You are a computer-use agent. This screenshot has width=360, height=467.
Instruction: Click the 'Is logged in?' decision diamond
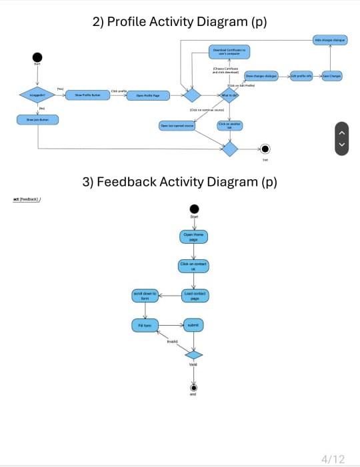pyautogui.click(x=37, y=95)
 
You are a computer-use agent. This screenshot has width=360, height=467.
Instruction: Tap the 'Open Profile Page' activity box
pyautogui.click(x=147, y=95)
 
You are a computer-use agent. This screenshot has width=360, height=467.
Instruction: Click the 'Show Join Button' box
pyautogui.click(x=37, y=120)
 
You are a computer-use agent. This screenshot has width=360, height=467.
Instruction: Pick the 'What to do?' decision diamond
pyautogui.click(x=229, y=95)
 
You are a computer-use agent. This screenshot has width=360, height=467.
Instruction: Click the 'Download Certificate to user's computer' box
pyautogui.click(x=229, y=51)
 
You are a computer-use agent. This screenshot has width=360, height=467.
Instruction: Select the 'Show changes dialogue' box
pyautogui.click(x=261, y=77)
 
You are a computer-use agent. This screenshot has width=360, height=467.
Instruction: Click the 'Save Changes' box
pyautogui.click(x=331, y=77)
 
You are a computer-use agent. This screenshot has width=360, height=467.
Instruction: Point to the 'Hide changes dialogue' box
pyautogui.click(x=331, y=40)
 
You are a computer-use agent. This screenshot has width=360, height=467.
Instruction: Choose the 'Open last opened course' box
pyautogui.click(x=177, y=125)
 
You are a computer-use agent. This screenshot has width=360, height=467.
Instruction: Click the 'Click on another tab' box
pyautogui.click(x=229, y=125)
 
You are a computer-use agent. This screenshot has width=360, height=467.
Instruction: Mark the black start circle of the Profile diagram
pyautogui.click(x=37, y=58)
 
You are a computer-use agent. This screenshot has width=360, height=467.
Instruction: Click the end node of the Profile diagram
pyautogui.click(x=265, y=149)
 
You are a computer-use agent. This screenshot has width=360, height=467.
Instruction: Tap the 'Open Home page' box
pyautogui.click(x=193, y=236)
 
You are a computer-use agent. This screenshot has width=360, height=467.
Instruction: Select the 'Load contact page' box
pyautogui.click(x=195, y=295)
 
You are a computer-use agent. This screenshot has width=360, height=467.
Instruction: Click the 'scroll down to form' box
pyautogui.click(x=145, y=295)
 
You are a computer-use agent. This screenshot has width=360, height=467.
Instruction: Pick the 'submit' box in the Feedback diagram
pyautogui.click(x=193, y=325)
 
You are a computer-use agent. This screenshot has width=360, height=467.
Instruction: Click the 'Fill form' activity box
pyautogui.click(x=145, y=325)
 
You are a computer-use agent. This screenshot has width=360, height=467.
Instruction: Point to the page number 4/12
pyautogui.click(x=333, y=459)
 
